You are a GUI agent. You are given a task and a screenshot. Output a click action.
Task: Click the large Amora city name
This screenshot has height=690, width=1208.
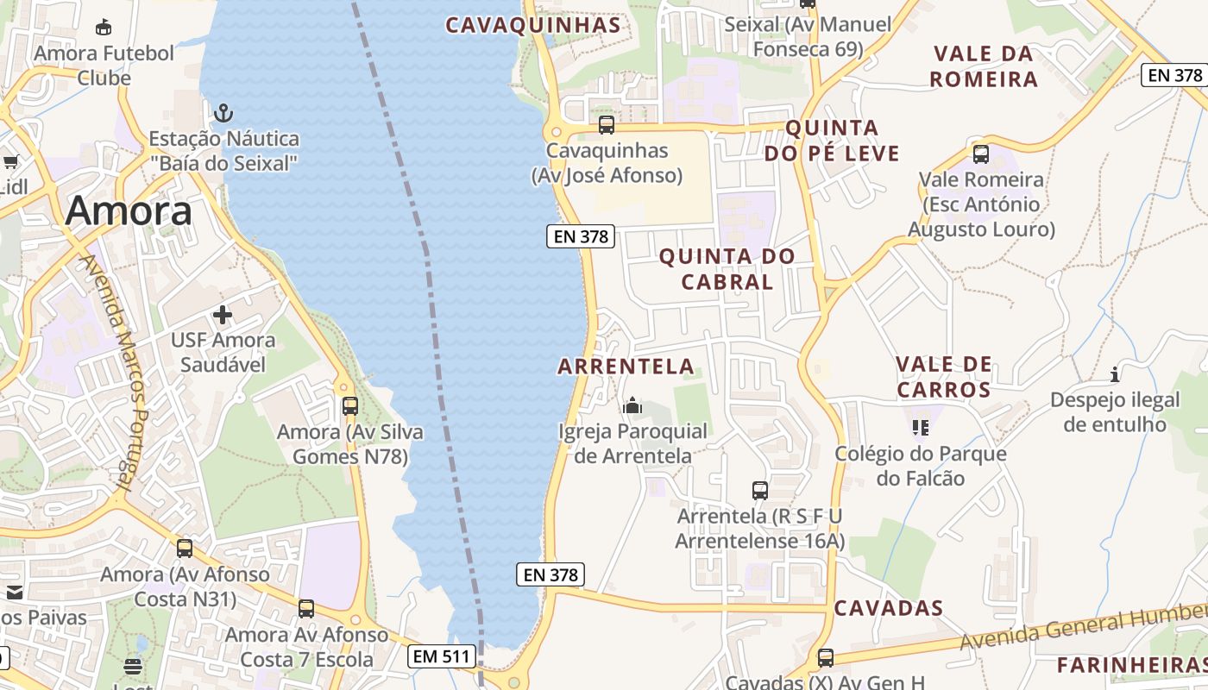(x=129, y=211)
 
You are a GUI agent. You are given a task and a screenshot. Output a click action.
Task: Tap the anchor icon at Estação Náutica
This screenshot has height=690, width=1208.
(x=223, y=112)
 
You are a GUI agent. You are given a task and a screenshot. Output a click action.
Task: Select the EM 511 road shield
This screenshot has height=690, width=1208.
(x=442, y=656)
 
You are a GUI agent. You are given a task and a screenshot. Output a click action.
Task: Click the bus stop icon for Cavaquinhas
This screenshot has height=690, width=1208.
(x=607, y=125)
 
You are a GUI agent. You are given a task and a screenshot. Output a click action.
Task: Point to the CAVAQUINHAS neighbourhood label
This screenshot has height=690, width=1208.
(x=533, y=25)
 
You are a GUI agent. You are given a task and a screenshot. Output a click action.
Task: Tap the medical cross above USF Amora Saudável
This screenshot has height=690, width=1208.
(x=223, y=315)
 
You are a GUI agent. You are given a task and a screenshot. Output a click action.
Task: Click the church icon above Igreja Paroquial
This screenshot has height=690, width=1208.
(x=632, y=405)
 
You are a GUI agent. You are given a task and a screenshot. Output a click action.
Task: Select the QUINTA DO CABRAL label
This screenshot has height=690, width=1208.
(x=727, y=269)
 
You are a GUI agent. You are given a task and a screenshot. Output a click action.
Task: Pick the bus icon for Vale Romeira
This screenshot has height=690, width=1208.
(x=981, y=154)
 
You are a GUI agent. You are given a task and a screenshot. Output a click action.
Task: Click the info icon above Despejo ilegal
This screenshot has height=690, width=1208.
(x=1115, y=374)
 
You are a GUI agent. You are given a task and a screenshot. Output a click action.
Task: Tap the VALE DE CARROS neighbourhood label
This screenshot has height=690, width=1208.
(x=944, y=377)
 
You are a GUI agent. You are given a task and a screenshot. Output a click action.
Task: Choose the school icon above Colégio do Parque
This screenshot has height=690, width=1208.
(x=920, y=427)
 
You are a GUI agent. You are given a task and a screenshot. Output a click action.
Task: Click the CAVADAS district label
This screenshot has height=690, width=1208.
(x=889, y=608)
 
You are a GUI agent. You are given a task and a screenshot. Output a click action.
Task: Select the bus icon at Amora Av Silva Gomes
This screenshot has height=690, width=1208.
(x=350, y=405)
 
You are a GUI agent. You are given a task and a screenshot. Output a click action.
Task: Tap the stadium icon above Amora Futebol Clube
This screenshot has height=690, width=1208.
(x=104, y=28)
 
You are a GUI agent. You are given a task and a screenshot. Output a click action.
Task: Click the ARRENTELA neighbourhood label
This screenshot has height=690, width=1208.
(x=626, y=367)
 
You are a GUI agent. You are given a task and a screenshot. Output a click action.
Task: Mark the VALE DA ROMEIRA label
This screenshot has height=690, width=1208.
(x=985, y=66)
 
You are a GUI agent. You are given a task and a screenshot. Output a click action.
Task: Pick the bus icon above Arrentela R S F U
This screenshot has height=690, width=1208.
(x=760, y=491)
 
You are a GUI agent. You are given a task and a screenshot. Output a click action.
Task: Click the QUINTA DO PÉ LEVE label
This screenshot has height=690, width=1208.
(x=832, y=141)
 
